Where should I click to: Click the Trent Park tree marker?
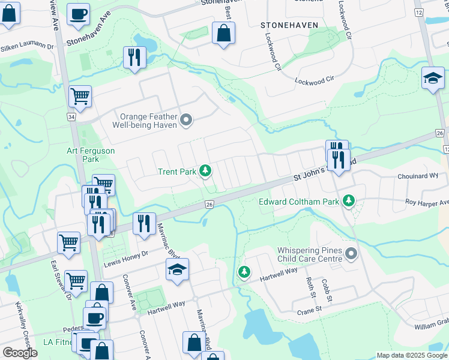tap(205, 172)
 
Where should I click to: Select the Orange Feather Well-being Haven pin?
tap(186, 121)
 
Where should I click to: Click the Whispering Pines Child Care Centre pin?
tap(352, 254)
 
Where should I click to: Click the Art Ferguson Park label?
tap(91, 155)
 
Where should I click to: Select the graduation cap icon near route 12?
tap(432, 78)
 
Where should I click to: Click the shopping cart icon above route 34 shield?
tap(80, 95)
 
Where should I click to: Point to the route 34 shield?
tap(71, 118)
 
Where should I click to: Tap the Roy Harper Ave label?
tap(427, 203)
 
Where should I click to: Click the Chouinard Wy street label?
tap(418, 177)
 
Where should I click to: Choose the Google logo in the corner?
tap(20, 353)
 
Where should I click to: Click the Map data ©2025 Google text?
tap(411, 355)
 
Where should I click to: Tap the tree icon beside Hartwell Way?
tap(244, 272)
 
